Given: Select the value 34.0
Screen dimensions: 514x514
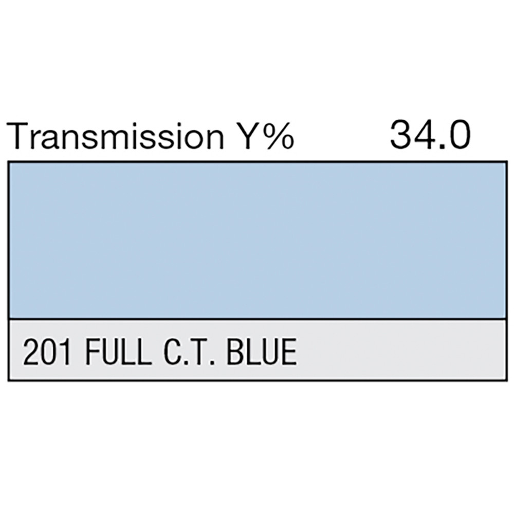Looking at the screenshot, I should (x=430, y=134).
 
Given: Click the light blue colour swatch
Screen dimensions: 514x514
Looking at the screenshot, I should (x=257, y=240).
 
